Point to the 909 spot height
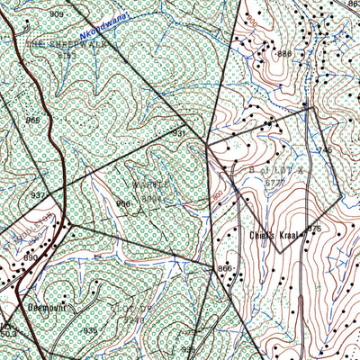pyautogui.click(x=58, y=15)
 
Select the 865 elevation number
pyautogui.click(x=33, y=121)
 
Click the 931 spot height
pyautogui.click(x=178, y=133)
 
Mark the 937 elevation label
pyautogui.click(x=38, y=194)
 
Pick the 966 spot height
pyautogui.click(x=122, y=203)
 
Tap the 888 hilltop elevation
pyautogui.click(x=284, y=54)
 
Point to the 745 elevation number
pyautogui.click(x=324, y=149)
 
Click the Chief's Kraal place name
pyautogui.click(x=274, y=235)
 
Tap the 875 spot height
pyautogui.click(x=314, y=229)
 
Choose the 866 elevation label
pyautogui.click(x=224, y=269)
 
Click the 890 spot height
pyautogui.click(x=31, y=257)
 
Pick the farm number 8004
pyautogui.click(x=152, y=197)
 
